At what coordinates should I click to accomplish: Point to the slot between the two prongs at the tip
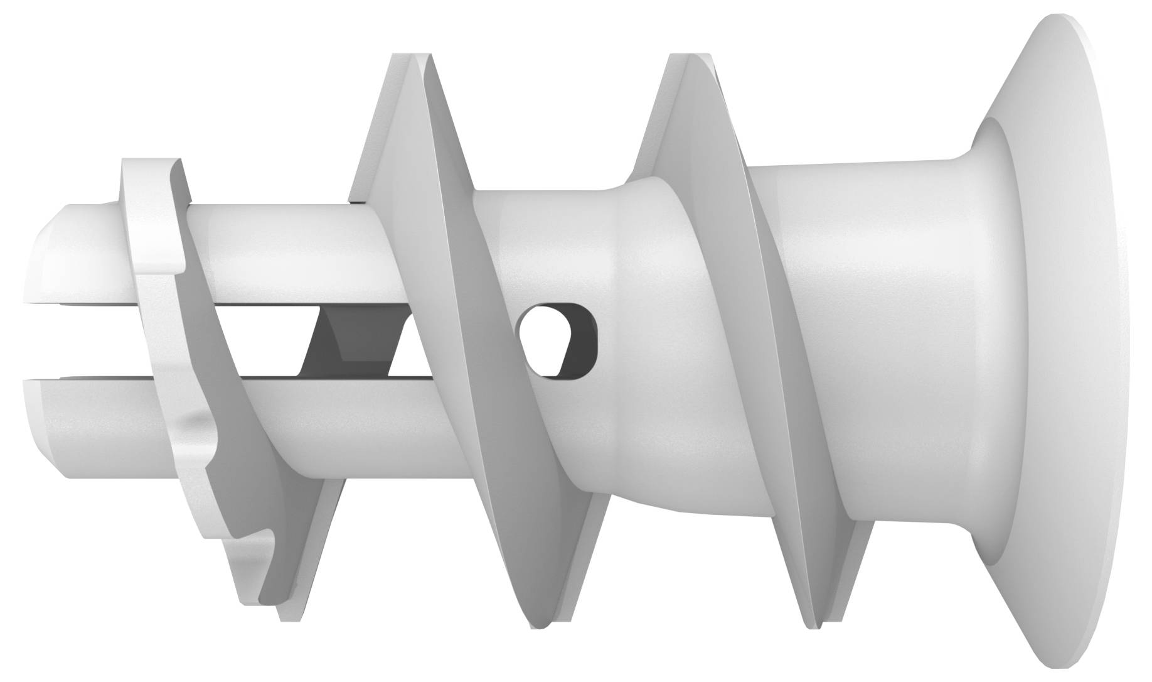(75, 342)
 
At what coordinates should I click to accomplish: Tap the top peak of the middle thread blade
(408, 63)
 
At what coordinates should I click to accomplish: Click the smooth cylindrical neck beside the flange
(866, 339)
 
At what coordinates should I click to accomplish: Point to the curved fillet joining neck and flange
(991, 188)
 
